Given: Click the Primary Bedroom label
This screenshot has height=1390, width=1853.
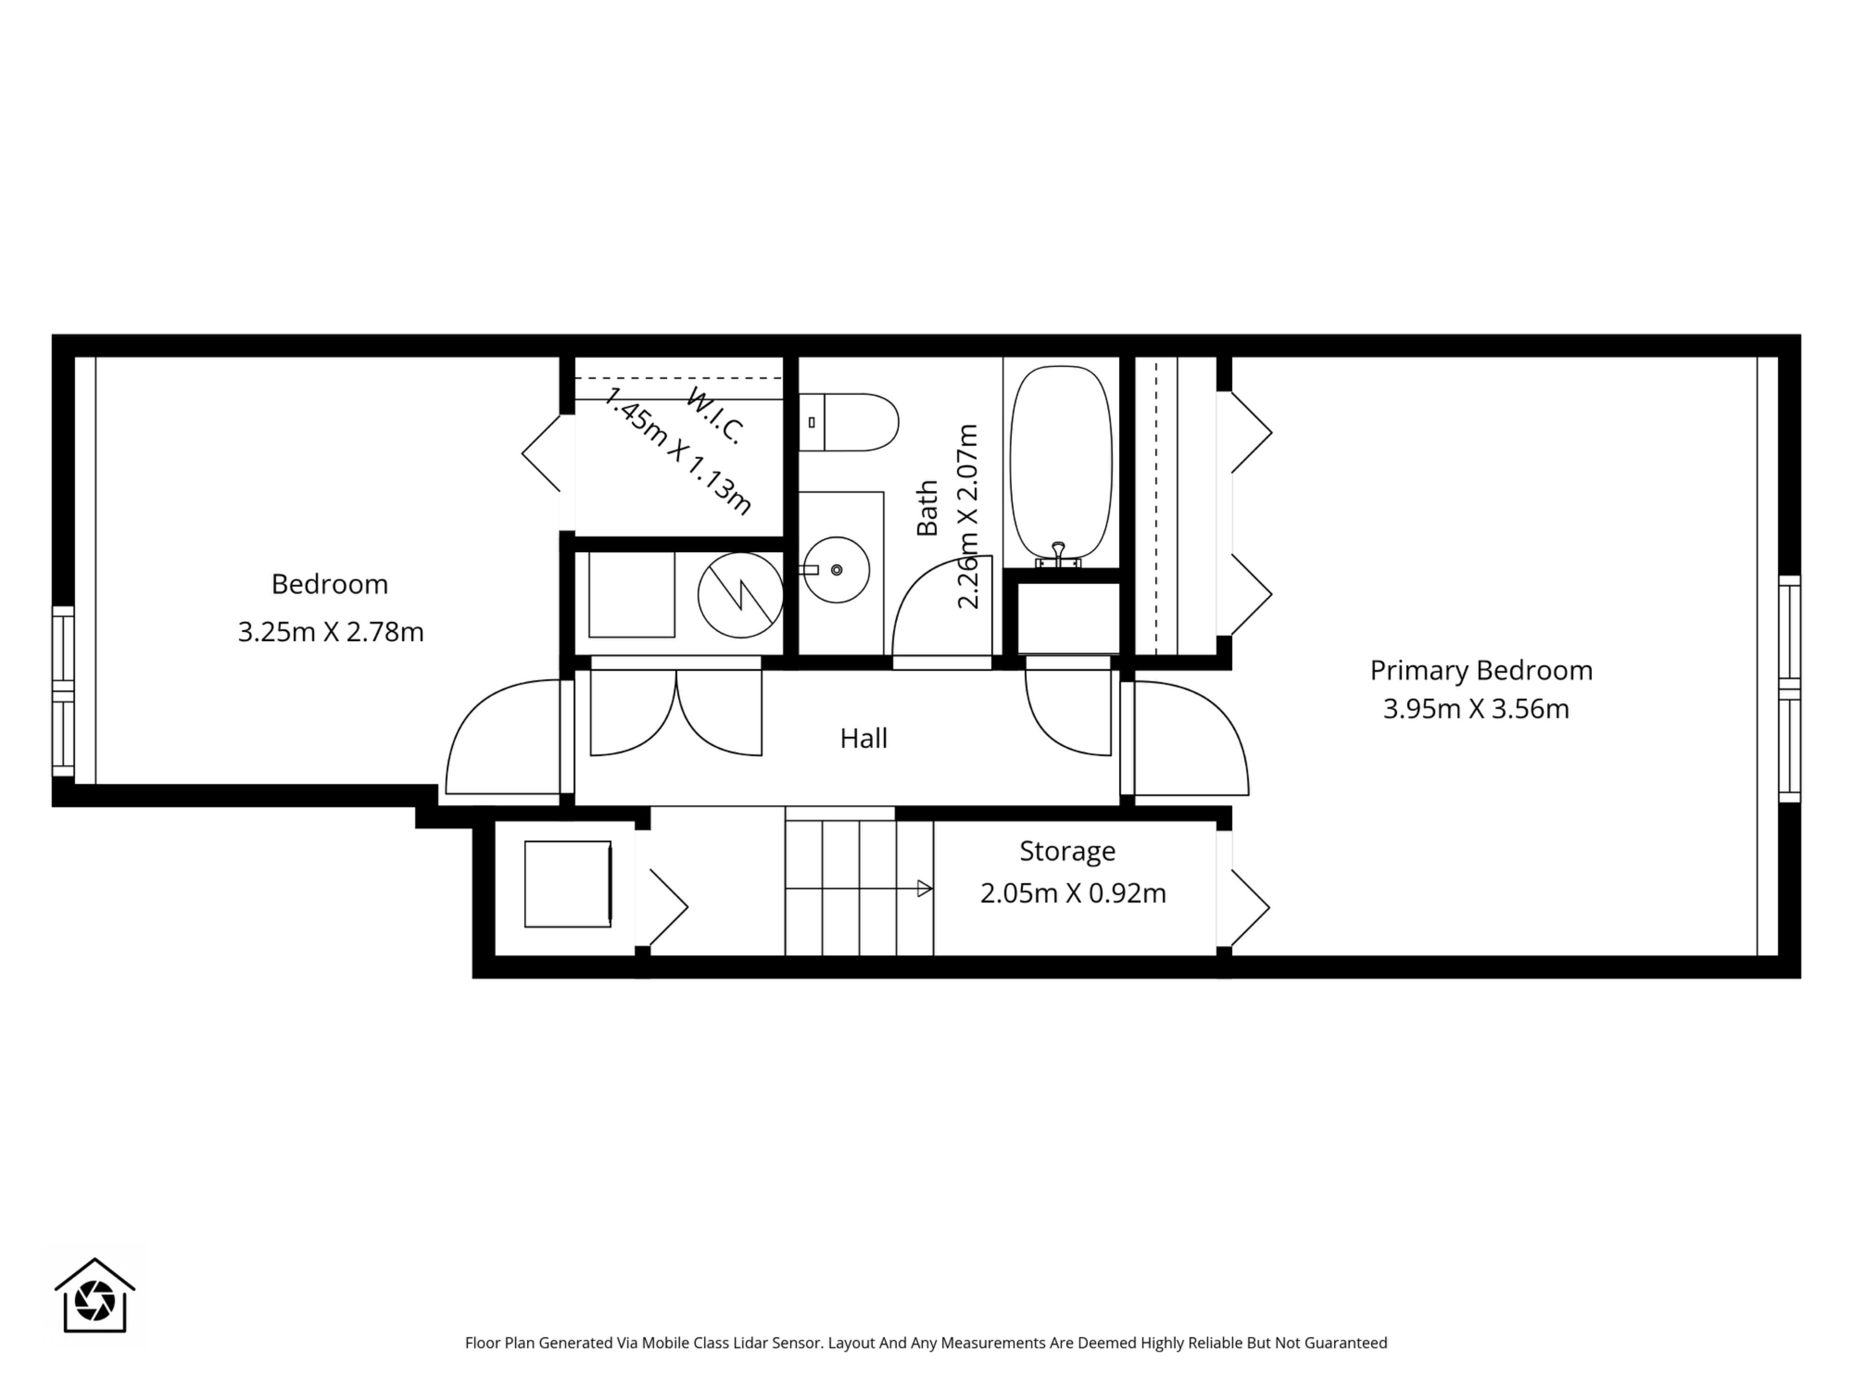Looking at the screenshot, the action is click(x=1481, y=670).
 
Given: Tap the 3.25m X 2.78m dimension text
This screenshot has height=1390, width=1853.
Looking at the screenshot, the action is click(x=331, y=632).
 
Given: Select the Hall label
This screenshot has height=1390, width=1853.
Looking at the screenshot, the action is click(x=864, y=738).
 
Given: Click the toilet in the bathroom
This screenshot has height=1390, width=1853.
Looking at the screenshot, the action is click(x=848, y=422).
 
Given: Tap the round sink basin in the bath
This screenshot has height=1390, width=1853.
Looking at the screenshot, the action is click(x=836, y=570).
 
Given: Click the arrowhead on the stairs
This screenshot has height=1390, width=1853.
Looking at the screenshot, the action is click(x=925, y=888).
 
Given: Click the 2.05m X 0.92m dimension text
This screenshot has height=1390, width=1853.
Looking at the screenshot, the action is click(x=1073, y=893).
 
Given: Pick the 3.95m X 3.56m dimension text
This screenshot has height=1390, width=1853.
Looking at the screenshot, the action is click(x=1476, y=709).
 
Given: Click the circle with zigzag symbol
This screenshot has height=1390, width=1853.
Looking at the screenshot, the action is click(x=741, y=595).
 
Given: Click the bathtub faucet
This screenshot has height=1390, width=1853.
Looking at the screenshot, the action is click(x=1059, y=555).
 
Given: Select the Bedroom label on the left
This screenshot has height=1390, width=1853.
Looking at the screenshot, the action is click(x=330, y=584).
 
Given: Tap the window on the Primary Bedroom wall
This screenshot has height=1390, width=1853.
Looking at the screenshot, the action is click(x=1789, y=689).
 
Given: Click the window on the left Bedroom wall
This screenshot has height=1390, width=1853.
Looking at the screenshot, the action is click(x=63, y=691).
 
